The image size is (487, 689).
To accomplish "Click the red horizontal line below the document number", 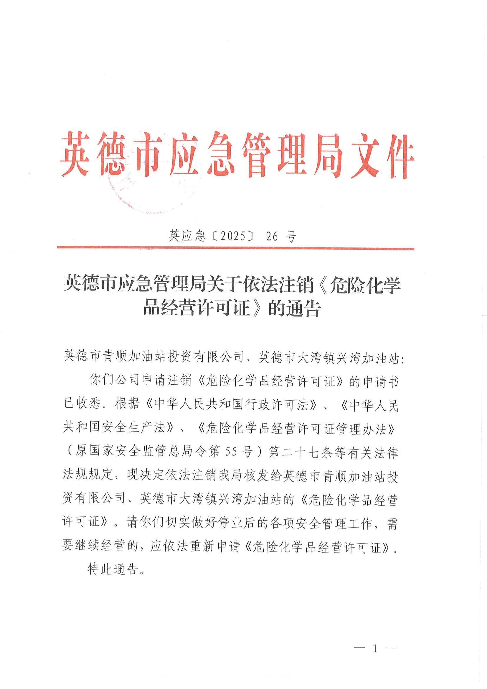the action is click(235, 248).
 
